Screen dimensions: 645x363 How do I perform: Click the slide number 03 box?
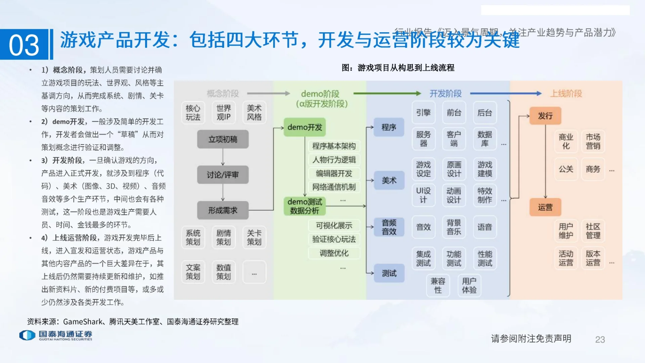24,44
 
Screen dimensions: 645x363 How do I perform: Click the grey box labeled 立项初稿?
223,139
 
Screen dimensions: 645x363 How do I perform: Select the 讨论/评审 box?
223,175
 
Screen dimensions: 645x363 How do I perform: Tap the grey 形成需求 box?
223,210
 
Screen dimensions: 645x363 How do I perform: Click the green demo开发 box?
305,127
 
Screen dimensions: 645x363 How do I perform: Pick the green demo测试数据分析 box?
305,206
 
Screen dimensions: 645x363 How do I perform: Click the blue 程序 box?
389,127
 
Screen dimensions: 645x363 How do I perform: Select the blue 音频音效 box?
389,227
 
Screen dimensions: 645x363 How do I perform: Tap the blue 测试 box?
389,273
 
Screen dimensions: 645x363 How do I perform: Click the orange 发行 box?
545,116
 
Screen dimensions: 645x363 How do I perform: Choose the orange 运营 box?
545,207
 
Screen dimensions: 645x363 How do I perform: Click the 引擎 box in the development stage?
423,113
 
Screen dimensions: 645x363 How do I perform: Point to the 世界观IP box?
223,113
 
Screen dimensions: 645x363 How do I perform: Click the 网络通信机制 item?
334,187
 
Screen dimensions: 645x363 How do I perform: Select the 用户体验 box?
469,285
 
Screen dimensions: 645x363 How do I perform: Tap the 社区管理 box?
593,231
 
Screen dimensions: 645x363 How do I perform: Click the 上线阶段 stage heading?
566,93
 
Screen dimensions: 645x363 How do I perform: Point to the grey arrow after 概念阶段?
268,93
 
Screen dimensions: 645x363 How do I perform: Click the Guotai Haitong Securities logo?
56,335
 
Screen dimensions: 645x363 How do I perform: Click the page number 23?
600,339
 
